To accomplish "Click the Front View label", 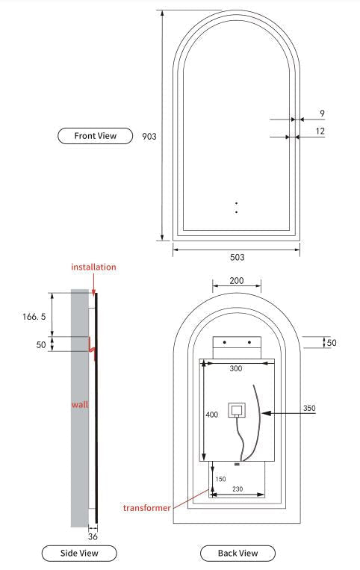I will pos(95,136).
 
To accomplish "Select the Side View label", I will pos(78,553).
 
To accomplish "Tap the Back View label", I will pos(238,553).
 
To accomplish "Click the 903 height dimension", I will pos(149,137).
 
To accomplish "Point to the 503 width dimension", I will pos(236,257).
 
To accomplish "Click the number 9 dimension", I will pos(321,114).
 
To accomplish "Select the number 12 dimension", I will pos(320,131).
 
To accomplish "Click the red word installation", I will pos(93,267).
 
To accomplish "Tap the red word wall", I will pos(80,404).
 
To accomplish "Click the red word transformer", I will pos(146,507).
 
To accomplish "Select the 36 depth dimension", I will pos(93,536).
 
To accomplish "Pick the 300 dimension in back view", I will pos(235,369).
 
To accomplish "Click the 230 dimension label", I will pos(238,489).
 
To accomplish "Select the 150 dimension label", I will pos(221,479).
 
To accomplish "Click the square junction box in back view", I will pos(237,410).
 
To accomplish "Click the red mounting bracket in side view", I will pos(93,347).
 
